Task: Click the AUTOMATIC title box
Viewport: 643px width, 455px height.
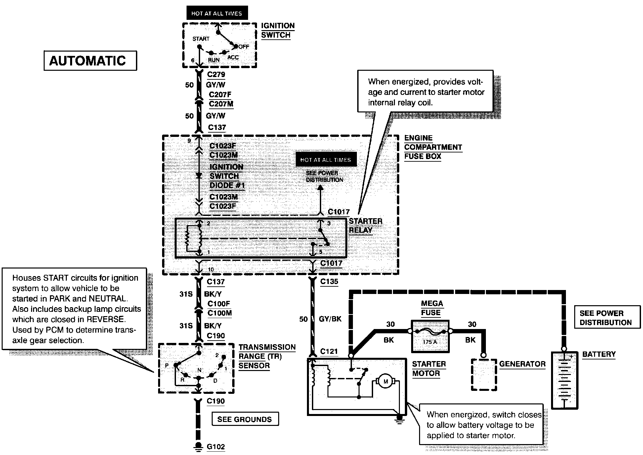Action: pos(90,61)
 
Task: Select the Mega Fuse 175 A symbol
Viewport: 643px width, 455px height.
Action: pos(430,336)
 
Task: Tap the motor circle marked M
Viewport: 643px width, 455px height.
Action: pos(385,382)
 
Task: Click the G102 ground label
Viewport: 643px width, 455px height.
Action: pos(216,447)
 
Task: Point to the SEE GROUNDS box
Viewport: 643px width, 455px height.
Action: pos(245,419)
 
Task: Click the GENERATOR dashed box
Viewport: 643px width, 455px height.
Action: pos(484,375)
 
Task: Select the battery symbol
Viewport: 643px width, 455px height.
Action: pos(564,380)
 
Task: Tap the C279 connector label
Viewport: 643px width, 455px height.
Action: pos(216,75)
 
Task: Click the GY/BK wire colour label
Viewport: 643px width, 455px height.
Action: pos(330,319)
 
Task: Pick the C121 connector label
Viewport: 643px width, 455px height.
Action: pos(329,351)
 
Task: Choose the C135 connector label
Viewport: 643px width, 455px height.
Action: pos(329,282)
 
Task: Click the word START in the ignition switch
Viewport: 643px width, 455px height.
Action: pos(201,39)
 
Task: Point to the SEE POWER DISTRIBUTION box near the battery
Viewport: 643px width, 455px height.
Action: pos(605,318)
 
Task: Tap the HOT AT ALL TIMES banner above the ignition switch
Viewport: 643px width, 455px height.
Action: pos(217,14)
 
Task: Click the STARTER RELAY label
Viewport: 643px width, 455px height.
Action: pos(365,226)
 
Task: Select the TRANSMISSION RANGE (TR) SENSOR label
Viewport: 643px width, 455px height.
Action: pos(267,356)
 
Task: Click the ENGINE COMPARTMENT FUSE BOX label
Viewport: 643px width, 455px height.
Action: pos(433,147)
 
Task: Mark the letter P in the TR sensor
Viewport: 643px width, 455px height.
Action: pos(167,365)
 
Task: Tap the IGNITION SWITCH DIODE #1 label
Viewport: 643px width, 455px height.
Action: pos(227,176)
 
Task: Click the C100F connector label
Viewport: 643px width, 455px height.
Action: pos(219,304)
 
